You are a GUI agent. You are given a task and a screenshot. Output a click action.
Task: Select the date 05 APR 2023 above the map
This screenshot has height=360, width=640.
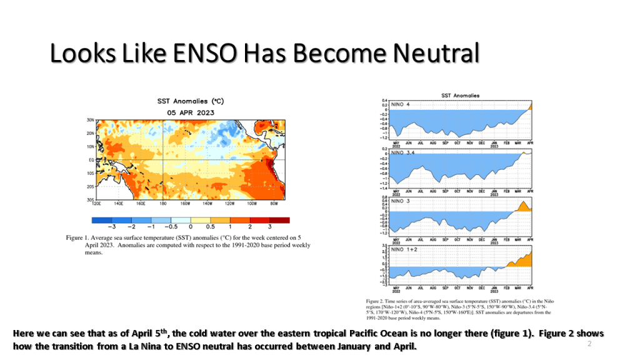pos(191,112)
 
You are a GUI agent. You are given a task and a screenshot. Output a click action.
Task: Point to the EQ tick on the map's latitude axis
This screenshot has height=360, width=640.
pos(90,160)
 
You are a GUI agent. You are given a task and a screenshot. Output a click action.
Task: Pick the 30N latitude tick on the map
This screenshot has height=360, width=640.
pos(90,119)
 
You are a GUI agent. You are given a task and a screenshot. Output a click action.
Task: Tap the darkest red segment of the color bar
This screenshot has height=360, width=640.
pos(279,219)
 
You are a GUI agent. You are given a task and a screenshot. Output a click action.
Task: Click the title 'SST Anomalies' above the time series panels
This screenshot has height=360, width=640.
pos(460,96)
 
